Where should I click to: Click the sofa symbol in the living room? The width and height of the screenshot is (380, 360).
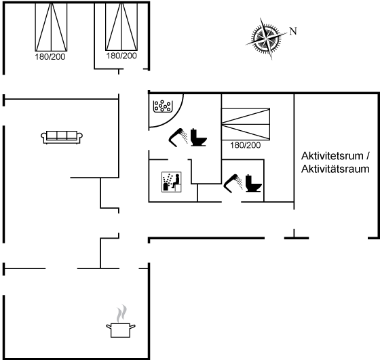click(x=62, y=137)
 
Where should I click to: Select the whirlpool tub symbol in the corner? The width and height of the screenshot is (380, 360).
click(x=163, y=106)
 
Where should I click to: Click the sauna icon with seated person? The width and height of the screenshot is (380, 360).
click(x=172, y=182)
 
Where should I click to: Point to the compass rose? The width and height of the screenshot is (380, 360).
click(x=266, y=38)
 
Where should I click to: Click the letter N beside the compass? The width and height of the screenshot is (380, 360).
click(x=293, y=31)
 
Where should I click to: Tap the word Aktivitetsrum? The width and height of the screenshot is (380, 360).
click(x=332, y=156)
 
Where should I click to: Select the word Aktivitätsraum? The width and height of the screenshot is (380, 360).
click(x=335, y=169)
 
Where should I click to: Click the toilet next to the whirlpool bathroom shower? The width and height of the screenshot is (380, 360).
click(x=198, y=137)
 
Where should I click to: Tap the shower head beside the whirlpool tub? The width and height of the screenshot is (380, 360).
click(x=178, y=137)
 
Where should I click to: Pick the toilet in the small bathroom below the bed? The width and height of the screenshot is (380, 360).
click(x=254, y=183)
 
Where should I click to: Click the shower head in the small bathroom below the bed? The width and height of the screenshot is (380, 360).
click(x=233, y=183)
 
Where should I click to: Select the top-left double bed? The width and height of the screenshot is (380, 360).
click(x=51, y=26)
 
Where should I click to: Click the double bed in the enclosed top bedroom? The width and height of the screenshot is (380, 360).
click(x=121, y=26)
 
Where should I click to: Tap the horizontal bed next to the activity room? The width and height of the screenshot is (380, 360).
click(x=246, y=124)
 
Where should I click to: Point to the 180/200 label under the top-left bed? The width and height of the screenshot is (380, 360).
click(x=50, y=57)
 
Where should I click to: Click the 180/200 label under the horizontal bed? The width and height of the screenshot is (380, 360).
click(x=245, y=145)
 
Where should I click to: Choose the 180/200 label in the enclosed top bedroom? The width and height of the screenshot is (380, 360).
click(x=121, y=56)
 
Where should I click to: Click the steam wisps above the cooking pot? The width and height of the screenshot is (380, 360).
click(x=121, y=313)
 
